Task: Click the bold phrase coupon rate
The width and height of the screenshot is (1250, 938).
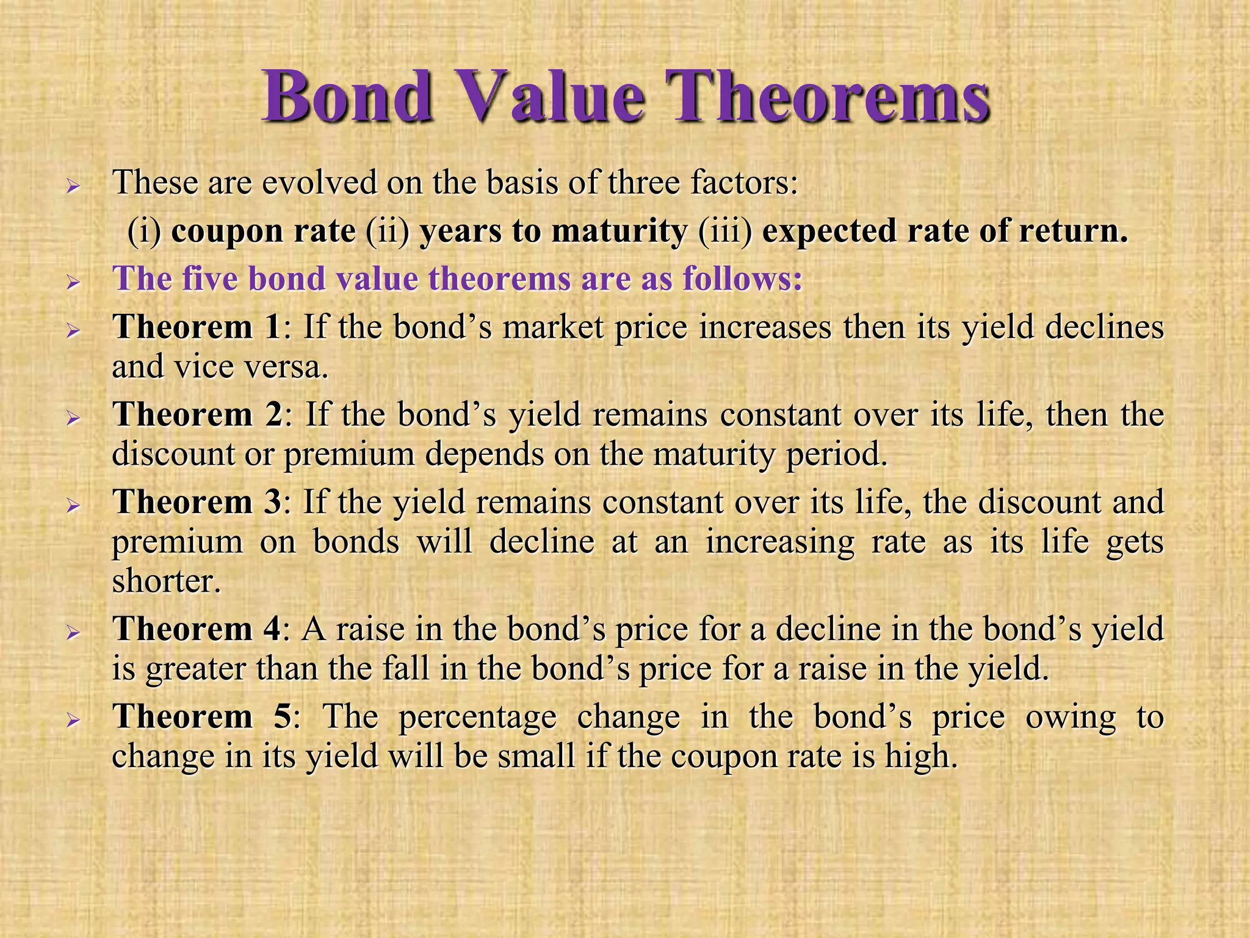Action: pos(263,231)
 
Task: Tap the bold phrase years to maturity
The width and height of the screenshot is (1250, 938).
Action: pos(553,231)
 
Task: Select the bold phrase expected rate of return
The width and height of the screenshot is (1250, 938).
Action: pos(944,231)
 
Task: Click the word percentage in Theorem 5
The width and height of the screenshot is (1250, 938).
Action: pos(477,718)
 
